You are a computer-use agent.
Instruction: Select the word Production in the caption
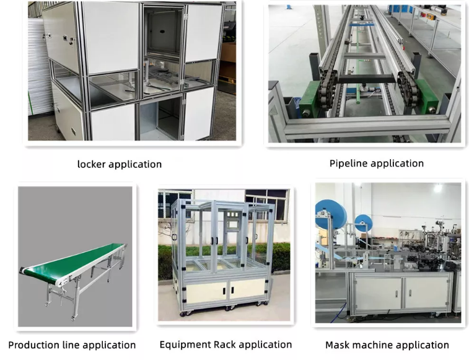point(34,345)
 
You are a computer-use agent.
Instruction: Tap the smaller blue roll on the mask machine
point(364,223)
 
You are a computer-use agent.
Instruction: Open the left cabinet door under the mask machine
point(378,293)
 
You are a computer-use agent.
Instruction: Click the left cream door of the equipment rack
point(206,291)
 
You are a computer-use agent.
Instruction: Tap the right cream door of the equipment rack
point(247,289)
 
